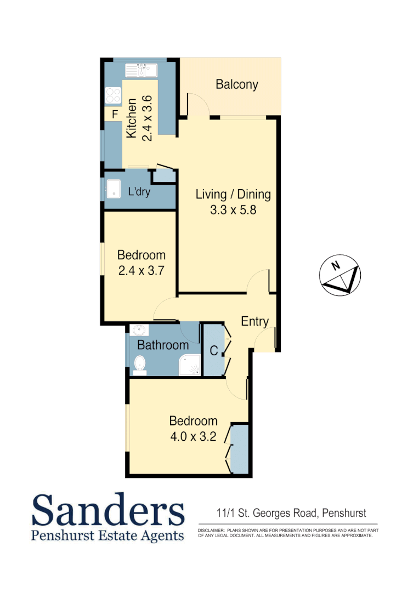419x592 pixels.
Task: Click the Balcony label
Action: pyautogui.click(x=236, y=84)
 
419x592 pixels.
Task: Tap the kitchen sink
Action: pyautogui.click(x=141, y=70)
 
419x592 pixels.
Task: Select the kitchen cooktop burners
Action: pyautogui.click(x=113, y=95)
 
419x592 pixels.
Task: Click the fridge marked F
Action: pyautogui.click(x=115, y=115)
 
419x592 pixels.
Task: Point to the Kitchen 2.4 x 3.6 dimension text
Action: pyautogui.click(x=139, y=119)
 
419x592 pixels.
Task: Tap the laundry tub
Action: pyautogui.click(x=114, y=189)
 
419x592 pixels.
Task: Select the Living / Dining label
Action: pyautogui.click(x=233, y=195)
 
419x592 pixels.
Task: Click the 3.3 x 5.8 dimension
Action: pyautogui.click(x=233, y=209)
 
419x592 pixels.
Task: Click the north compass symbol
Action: pyautogui.click(x=339, y=275)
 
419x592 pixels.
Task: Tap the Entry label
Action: pyautogui.click(x=254, y=322)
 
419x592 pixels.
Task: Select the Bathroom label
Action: pyautogui.click(x=163, y=345)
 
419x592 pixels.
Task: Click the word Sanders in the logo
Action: pyautogui.click(x=108, y=510)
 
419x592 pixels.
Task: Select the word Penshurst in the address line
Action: pyautogui.click(x=344, y=514)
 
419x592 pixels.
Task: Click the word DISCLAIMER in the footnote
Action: pyautogui.click(x=211, y=531)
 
